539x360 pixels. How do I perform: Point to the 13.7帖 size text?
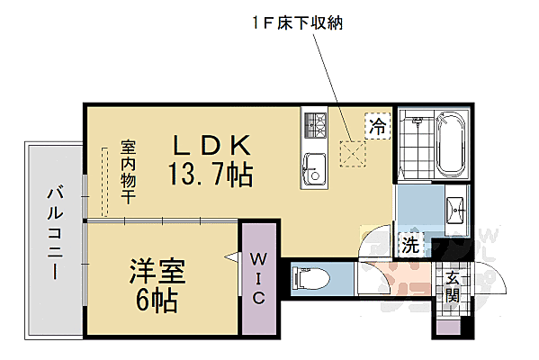209,174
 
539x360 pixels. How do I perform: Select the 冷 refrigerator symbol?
376,127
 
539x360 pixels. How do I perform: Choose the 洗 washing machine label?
410,242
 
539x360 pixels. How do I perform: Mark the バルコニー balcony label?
54,233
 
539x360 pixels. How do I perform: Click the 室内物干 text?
128,171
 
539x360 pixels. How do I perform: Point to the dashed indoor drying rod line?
105,180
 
